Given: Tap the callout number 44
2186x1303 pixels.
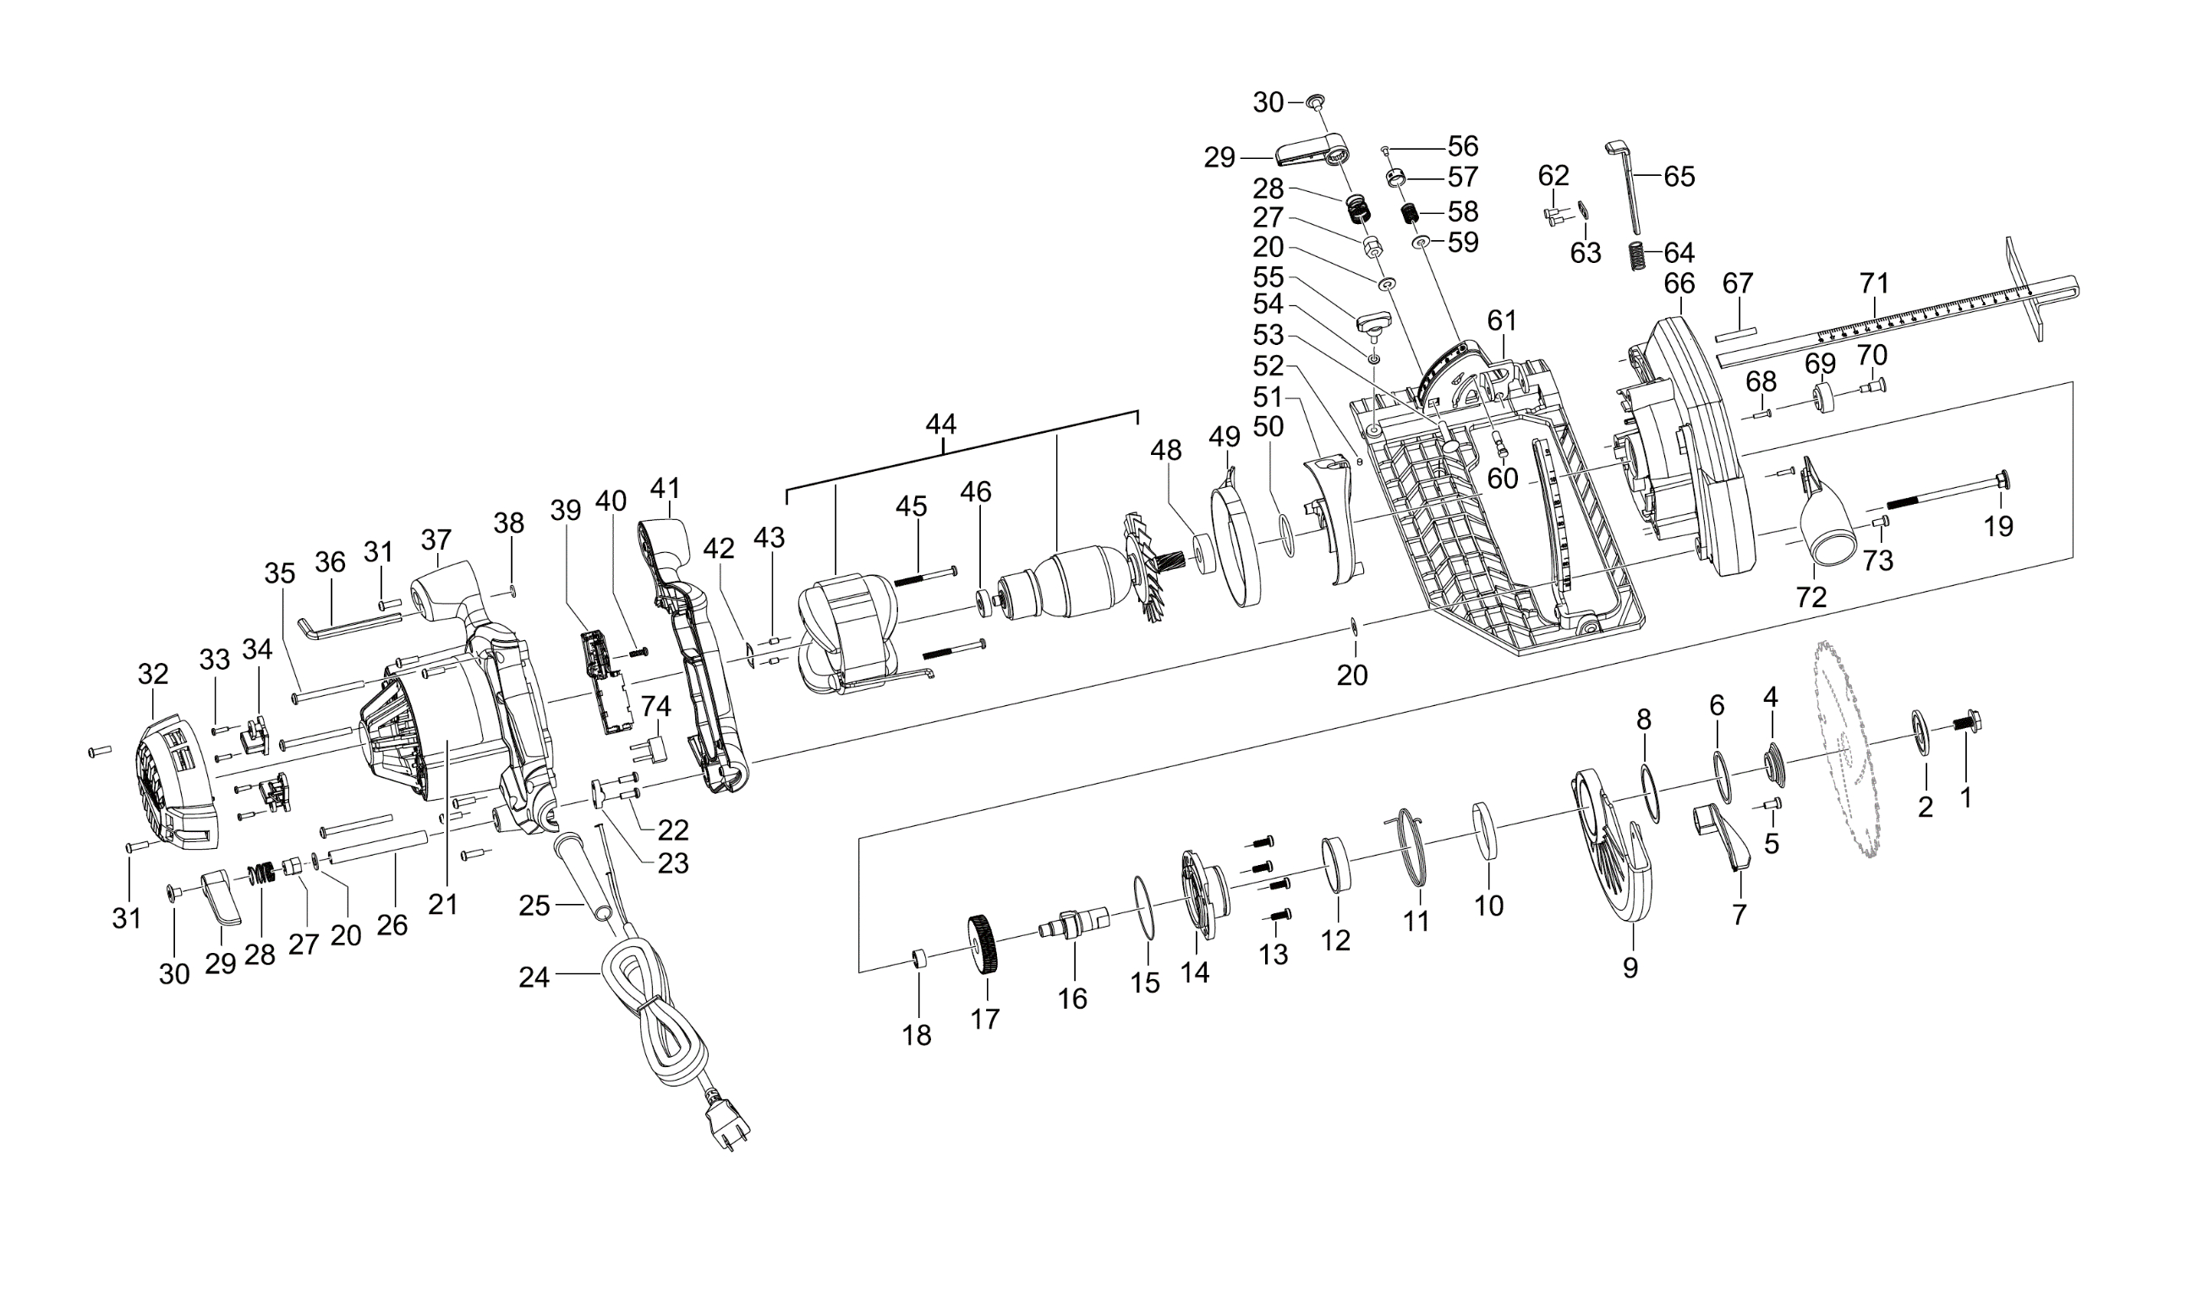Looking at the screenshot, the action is click(x=941, y=425).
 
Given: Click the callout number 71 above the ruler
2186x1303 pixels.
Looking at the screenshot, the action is click(x=1873, y=283).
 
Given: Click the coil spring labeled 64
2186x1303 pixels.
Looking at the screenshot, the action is click(x=1636, y=255).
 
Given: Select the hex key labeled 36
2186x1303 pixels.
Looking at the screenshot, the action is click(x=349, y=627).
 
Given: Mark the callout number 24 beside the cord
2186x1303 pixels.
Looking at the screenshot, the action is click(x=534, y=977).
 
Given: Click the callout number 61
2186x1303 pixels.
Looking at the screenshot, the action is click(x=1502, y=320).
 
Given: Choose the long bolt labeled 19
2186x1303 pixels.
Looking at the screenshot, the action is click(x=1948, y=493).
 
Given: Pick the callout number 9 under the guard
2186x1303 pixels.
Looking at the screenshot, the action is click(x=1630, y=968).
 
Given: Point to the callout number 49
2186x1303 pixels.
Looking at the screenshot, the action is click(x=1224, y=436).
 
